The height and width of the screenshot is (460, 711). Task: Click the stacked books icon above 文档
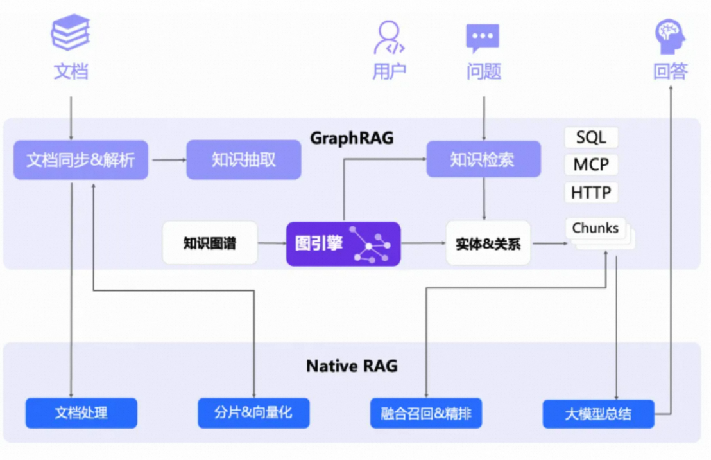pyautogui.click(x=71, y=33)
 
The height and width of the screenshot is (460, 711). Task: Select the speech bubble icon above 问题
pyautogui.click(x=483, y=38)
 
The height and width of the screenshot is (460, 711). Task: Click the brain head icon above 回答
pyautogui.click(x=670, y=36)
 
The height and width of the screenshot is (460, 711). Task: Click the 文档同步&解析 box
pyautogui.click(x=81, y=160)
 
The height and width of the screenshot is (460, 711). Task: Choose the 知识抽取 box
pyautogui.click(x=244, y=160)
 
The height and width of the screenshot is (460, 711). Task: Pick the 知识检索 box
pyautogui.click(x=483, y=159)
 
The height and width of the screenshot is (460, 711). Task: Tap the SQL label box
pyautogui.click(x=591, y=137)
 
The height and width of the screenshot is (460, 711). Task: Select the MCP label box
pyautogui.click(x=591, y=164)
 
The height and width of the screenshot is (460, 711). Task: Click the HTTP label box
pyautogui.click(x=591, y=192)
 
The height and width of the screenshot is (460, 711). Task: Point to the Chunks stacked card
pyautogui.click(x=597, y=230)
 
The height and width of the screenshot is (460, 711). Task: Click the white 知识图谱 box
pyautogui.click(x=210, y=243)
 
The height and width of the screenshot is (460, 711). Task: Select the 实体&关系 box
pyautogui.click(x=488, y=243)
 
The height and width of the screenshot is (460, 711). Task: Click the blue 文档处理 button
pyautogui.click(x=81, y=412)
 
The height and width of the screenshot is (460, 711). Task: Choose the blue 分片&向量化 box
pyautogui.click(x=253, y=412)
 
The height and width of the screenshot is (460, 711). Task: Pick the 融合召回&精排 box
pyautogui.click(x=426, y=413)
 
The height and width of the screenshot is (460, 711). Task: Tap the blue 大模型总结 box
pyautogui.click(x=598, y=414)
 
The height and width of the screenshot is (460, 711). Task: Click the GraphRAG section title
pyautogui.click(x=352, y=138)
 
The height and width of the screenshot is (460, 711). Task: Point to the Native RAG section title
pyautogui.click(x=352, y=366)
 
